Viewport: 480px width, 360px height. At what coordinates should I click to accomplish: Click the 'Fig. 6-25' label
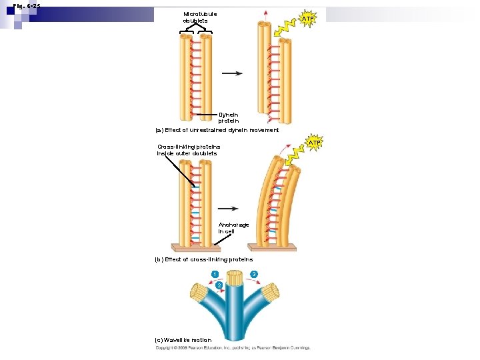(27, 5)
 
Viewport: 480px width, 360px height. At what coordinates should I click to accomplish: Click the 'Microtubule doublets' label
(200, 17)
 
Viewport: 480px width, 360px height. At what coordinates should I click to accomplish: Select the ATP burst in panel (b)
(314, 143)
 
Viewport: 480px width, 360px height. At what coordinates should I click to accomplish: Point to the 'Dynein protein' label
(228, 118)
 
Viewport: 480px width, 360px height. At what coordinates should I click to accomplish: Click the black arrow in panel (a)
(232, 74)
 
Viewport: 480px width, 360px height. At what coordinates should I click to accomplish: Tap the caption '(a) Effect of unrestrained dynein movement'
(217, 130)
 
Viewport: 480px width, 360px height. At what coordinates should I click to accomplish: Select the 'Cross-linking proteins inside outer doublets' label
(188, 150)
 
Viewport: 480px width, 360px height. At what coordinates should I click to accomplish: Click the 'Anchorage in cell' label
(233, 228)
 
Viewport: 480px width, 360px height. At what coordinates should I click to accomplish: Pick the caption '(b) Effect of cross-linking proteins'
(203, 259)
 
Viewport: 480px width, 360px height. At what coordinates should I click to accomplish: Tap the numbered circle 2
(219, 285)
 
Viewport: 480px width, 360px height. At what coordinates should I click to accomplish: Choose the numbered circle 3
(254, 275)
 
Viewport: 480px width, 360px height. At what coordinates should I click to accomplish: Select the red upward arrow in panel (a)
(266, 15)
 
